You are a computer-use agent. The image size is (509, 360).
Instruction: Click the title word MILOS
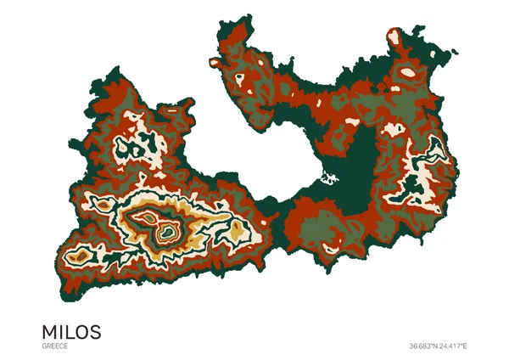71,330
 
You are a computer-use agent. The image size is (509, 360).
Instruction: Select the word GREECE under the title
54,346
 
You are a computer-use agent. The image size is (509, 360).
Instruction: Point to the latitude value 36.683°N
424,346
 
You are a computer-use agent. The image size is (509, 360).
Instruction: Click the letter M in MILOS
50,330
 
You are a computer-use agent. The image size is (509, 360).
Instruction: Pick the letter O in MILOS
83,330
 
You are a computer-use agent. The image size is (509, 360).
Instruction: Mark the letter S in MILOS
96,330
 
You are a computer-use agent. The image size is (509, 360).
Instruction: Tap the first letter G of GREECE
43,346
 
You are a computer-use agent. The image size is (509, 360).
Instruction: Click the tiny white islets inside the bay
327,178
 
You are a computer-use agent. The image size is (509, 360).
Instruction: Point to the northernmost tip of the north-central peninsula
232,19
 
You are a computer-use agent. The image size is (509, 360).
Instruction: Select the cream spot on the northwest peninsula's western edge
213,61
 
